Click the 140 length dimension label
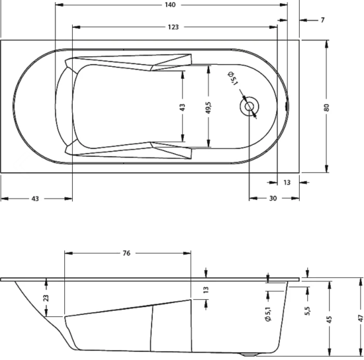[170, 5]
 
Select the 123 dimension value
[173, 27]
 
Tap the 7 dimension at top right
[322, 21]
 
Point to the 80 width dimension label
[326, 107]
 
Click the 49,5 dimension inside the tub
[208, 108]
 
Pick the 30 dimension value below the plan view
[273, 199]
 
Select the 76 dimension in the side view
[126, 253]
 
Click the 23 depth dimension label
[46, 298]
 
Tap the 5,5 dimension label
[307, 311]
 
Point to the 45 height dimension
[329, 320]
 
